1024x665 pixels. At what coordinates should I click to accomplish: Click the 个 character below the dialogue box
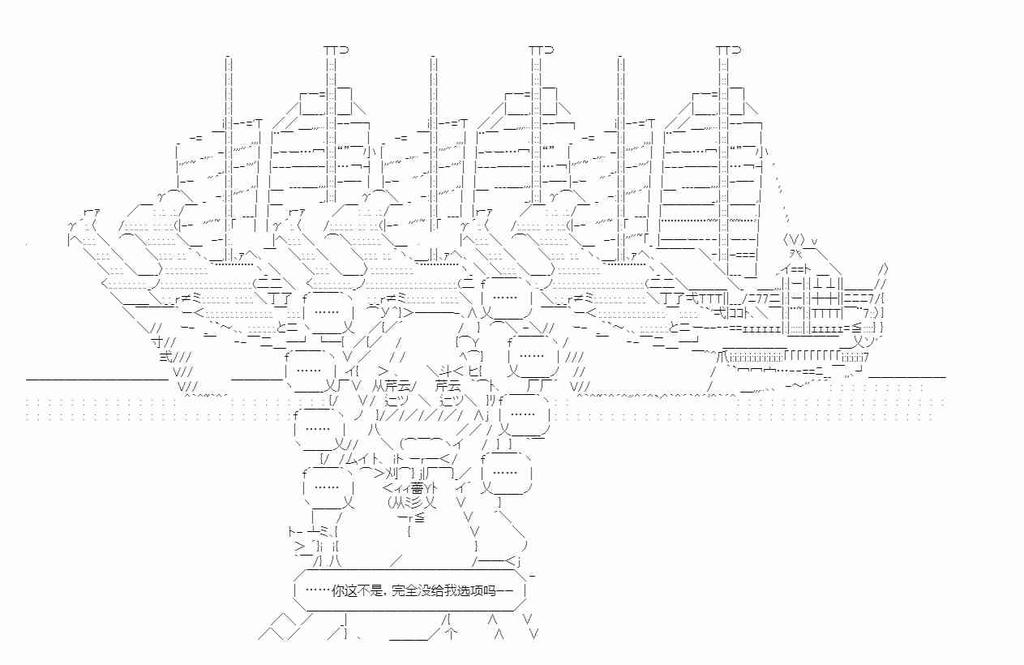click(452, 636)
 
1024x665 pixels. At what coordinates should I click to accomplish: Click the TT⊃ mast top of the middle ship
click(542, 50)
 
